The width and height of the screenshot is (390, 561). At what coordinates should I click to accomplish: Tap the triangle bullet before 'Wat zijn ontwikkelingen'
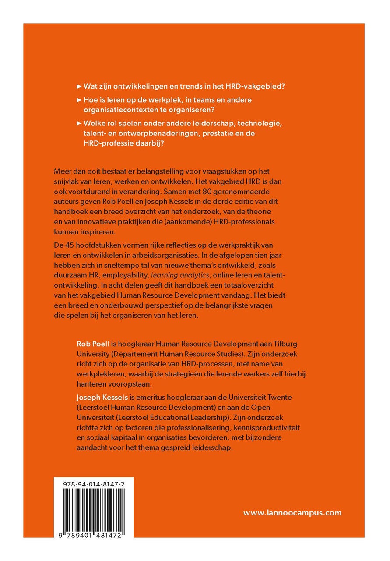(79, 86)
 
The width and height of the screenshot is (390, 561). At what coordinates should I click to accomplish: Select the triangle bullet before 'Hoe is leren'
(79, 100)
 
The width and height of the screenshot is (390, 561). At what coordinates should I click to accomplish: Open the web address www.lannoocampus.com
(292, 512)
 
